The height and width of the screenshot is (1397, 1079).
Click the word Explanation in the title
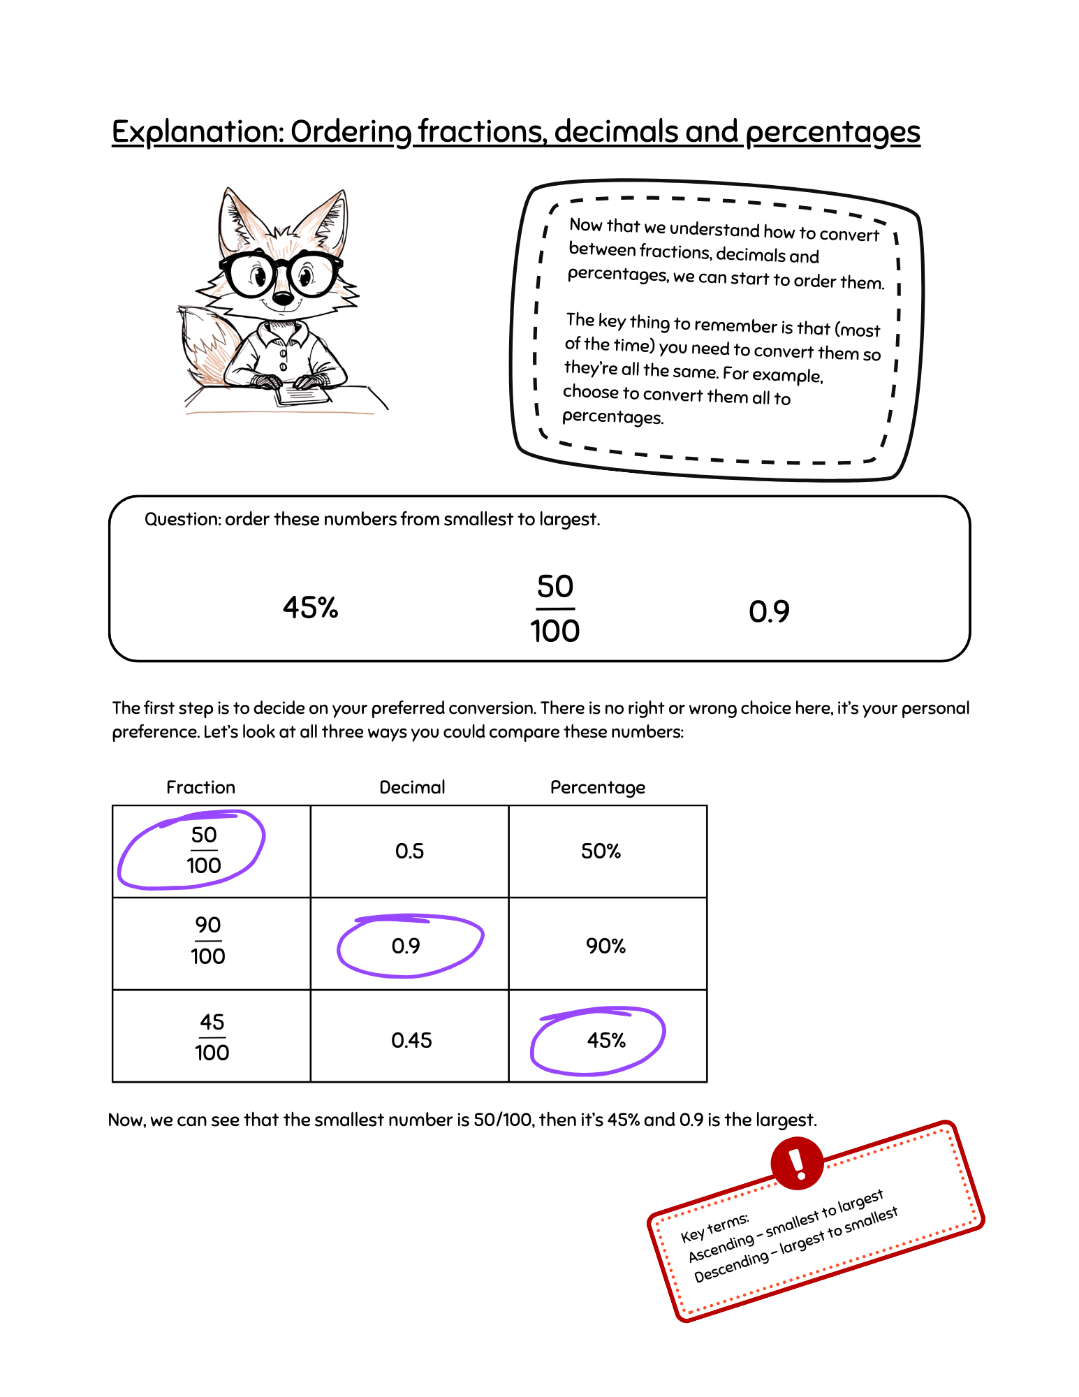[198, 132]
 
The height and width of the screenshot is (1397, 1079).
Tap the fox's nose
[282, 299]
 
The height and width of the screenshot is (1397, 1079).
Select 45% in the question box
[310, 608]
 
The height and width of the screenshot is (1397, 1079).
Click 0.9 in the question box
[769, 612]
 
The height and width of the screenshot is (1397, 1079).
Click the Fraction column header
[200, 787]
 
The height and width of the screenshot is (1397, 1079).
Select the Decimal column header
[412, 787]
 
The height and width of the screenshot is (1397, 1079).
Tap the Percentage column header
[598, 787]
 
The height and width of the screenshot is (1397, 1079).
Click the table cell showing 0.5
[409, 851]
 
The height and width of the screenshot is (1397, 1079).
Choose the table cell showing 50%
[601, 851]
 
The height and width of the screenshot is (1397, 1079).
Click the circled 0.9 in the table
[406, 946]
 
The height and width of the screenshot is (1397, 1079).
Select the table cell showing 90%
[605, 946]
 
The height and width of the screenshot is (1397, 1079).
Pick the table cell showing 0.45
[411, 1040]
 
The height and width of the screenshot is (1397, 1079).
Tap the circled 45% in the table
[606, 1040]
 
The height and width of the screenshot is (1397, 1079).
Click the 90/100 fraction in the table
[208, 941]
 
